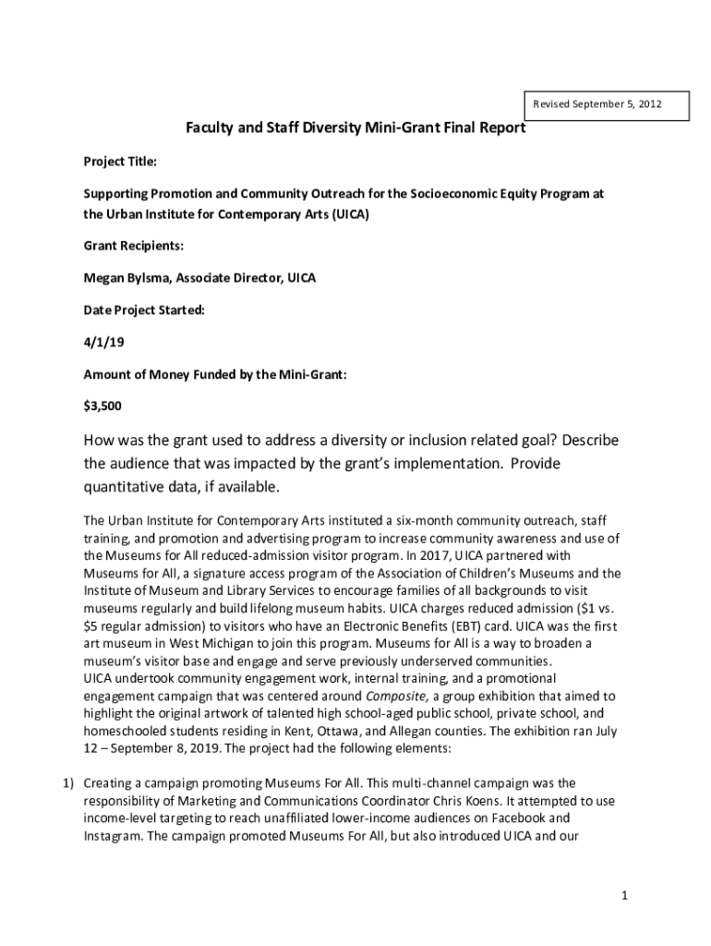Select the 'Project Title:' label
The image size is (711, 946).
click(x=121, y=162)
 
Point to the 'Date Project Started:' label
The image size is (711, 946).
click(x=144, y=310)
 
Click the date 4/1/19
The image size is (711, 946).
click(x=102, y=343)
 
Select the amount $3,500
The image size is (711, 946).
click(x=102, y=406)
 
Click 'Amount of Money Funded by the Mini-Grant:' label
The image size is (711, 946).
click(x=215, y=374)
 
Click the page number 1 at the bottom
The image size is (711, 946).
click(x=625, y=895)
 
